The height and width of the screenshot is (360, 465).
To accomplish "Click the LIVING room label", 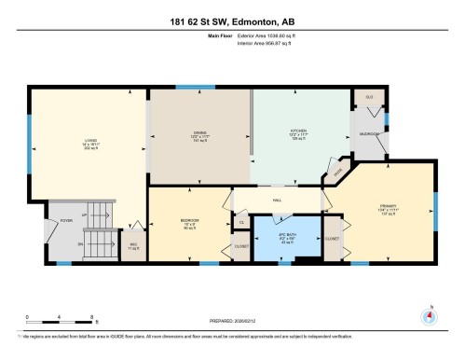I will point(89,142).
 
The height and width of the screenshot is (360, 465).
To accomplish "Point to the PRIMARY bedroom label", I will point(388,207).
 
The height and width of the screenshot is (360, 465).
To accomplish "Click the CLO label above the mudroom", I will point(368,98).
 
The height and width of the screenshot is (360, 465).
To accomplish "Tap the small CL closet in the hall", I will point(241,223).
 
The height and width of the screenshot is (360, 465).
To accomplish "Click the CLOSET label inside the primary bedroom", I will point(332,239).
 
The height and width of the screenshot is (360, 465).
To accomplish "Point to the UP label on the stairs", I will point(85,215).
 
